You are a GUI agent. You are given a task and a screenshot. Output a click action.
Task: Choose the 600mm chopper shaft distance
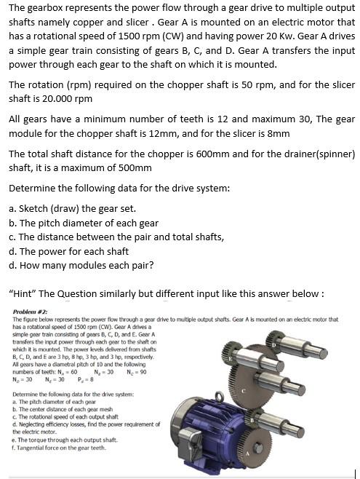(218, 154)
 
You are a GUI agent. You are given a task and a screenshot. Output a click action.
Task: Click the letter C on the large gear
(245, 392)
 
